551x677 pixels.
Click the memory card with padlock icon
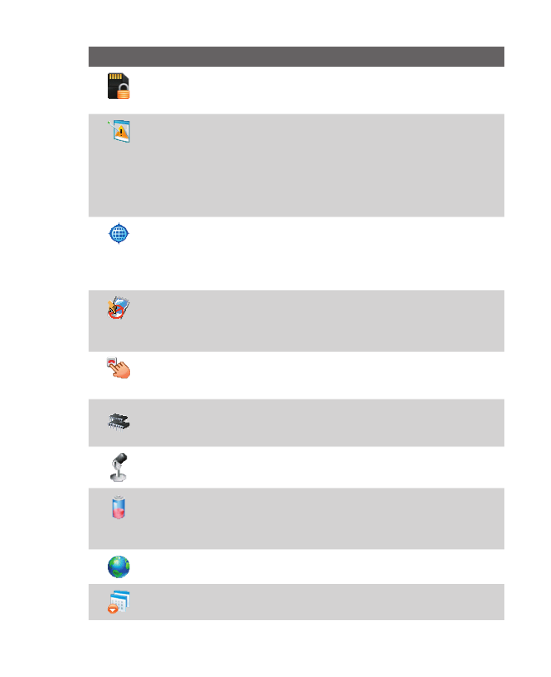(x=119, y=86)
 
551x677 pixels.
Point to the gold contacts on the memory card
(x=116, y=77)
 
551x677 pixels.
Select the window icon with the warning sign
(x=122, y=132)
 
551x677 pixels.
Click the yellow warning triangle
(x=123, y=130)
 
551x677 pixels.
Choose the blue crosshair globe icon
(x=119, y=234)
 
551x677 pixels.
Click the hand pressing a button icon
(x=119, y=369)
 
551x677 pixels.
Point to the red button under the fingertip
(x=112, y=362)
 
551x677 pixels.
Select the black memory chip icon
(x=119, y=423)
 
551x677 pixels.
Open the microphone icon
(x=119, y=466)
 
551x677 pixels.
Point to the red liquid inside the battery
(x=119, y=512)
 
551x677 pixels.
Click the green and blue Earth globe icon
(x=119, y=567)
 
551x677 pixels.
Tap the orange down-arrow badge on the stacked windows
(x=113, y=609)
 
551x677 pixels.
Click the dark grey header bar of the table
(x=296, y=56)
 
